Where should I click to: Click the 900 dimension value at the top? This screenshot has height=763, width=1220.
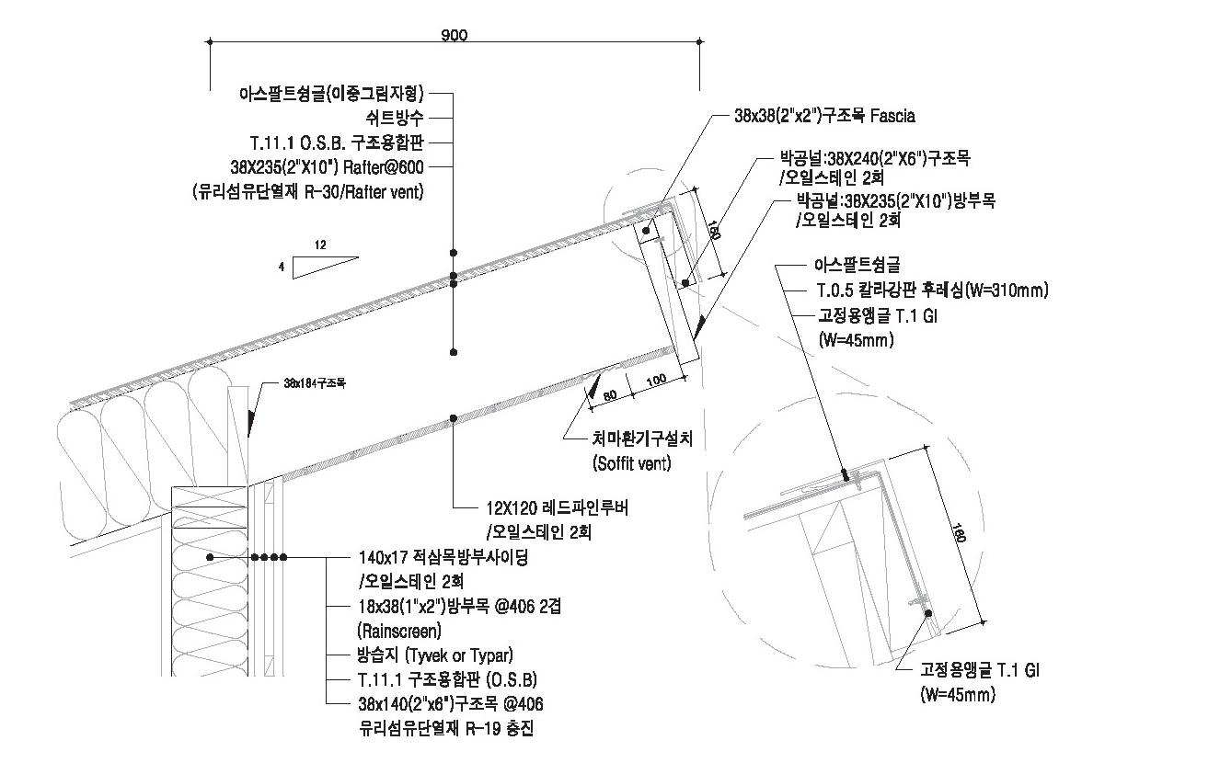454,35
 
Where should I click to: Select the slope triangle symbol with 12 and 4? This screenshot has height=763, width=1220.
324,267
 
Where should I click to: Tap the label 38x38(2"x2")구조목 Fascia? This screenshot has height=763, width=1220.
824,117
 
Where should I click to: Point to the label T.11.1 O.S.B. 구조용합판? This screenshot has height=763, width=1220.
336,142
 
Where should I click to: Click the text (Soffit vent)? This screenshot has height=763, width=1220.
632,463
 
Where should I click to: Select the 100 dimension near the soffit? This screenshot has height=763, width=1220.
655,381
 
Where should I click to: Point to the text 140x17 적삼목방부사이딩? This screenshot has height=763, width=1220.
443,558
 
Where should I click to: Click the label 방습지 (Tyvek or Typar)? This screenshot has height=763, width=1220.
435,655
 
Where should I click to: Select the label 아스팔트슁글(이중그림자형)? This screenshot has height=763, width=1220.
331,93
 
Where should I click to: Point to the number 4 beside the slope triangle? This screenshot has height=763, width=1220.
282,267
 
